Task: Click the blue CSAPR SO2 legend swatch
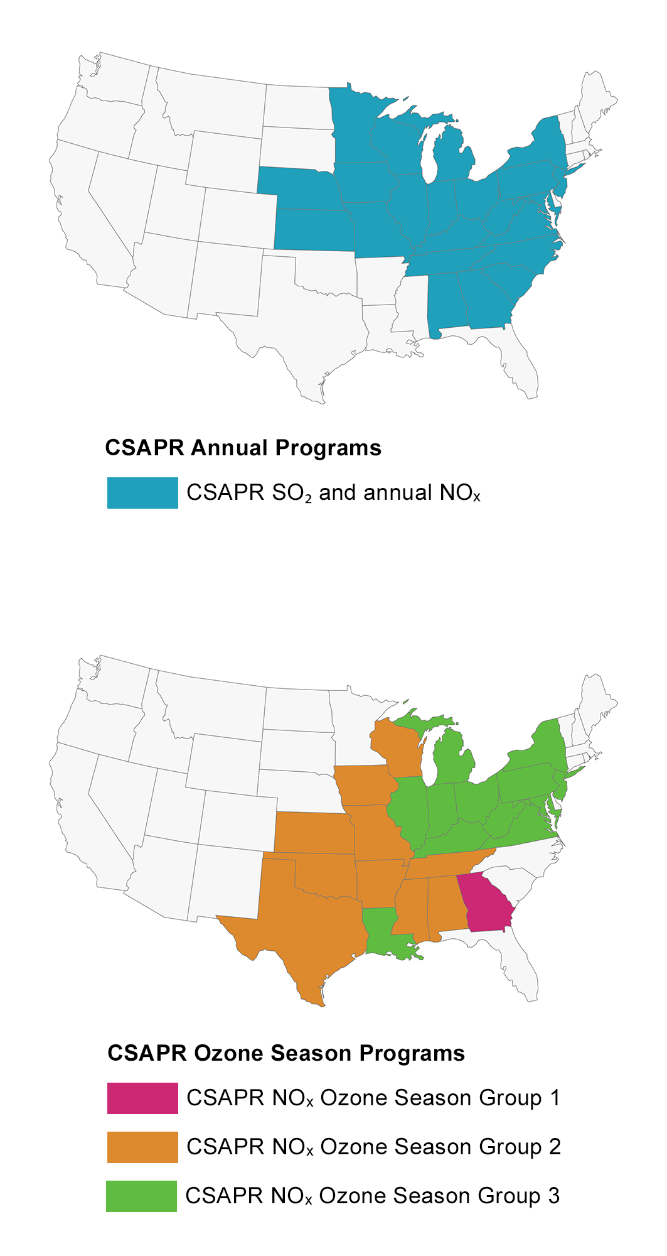point(142,493)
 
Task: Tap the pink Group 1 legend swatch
point(142,1098)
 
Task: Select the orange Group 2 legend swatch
point(142,1147)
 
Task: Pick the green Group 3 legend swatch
point(141,1196)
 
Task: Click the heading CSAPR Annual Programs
point(243,448)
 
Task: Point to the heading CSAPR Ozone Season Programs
point(286,1053)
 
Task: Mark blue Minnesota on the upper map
point(355,126)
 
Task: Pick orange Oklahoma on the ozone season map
point(326,876)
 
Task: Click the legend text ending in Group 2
point(373,1147)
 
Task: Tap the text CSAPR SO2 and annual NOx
point(333,493)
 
